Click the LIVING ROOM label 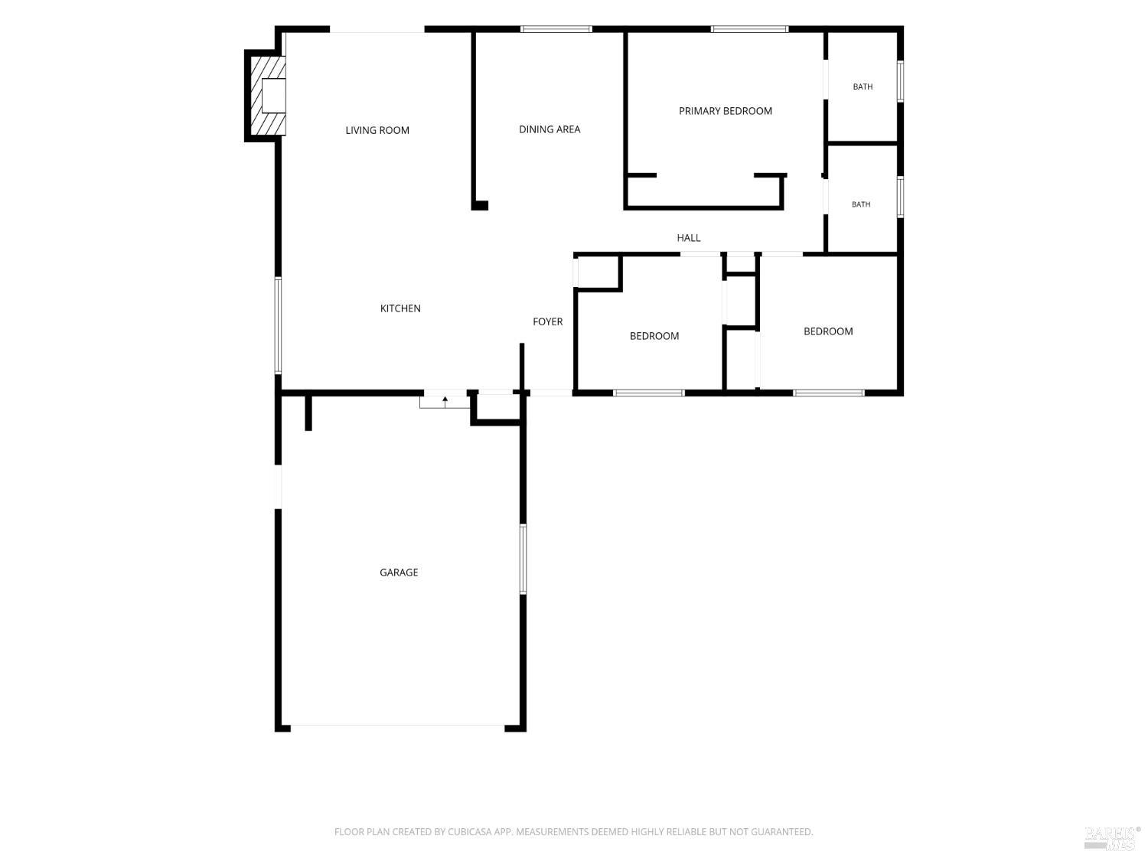[x=377, y=130]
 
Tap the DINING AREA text [x=550, y=129]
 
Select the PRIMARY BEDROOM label [x=725, y=111]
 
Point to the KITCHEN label [x=400, y=308]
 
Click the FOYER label [x=547, y=321]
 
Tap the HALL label [x=688, y=238]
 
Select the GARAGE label [x=399, y=572]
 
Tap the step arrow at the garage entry [x=445, y=402]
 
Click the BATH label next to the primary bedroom [x=863, y=86]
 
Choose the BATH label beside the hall [x=861, y=204]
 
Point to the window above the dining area [x=556, y=29]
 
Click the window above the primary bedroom [x=749, y=29]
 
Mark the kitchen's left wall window [x=279, y=325]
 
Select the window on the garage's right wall [x=523, y=559]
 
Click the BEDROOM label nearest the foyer [x=654, y=336]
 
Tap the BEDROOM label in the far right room [x=828, y=331]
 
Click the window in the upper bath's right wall [x=901, y=82]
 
